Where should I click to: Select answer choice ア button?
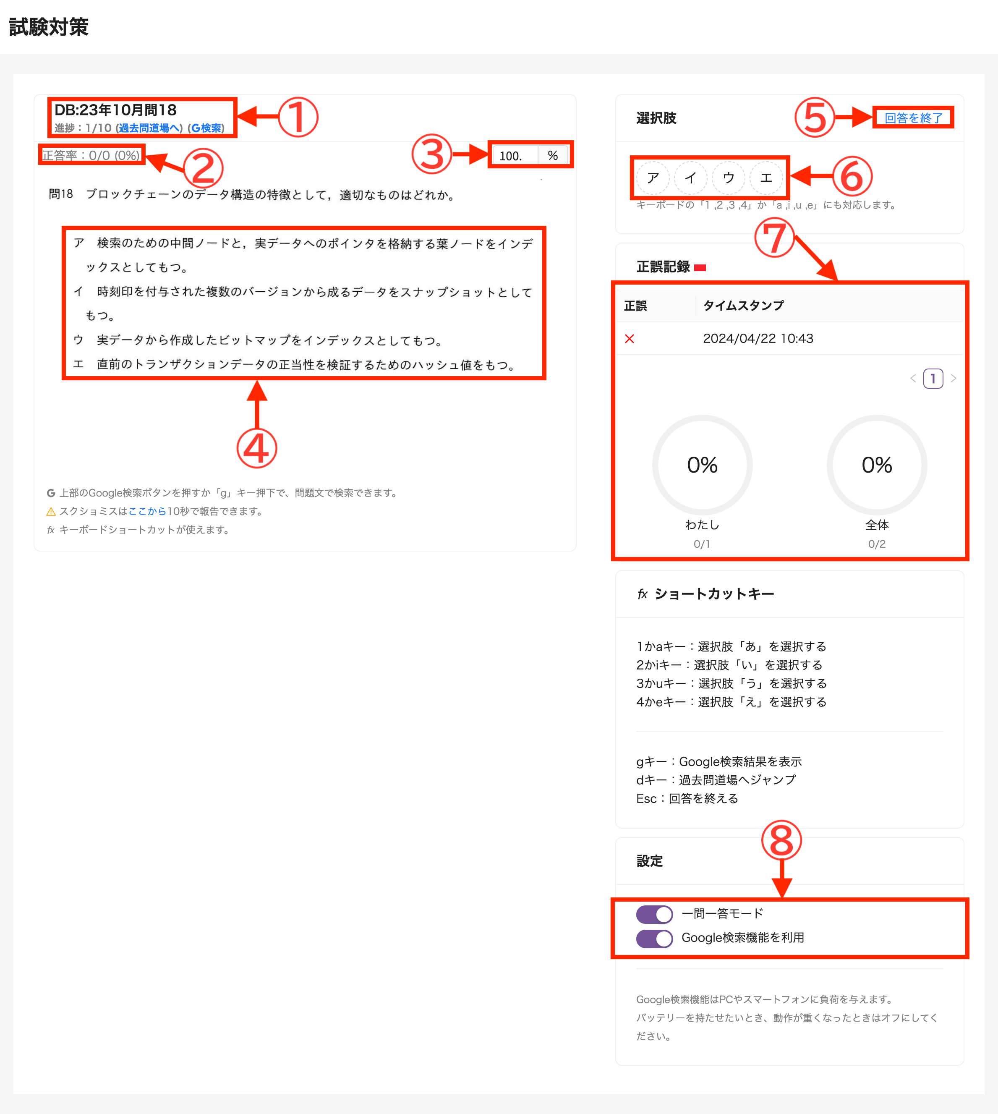click(653, 178)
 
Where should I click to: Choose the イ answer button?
click(690, 178)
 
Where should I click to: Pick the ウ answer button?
click(728, 178)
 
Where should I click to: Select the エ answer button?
click(766, 178)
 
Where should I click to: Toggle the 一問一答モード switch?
click(654, 914)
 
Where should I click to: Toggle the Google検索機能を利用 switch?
click(654, 938)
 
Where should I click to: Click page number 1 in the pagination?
click(933, 379)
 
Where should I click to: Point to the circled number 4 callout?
click(256, 448)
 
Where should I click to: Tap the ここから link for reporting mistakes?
click(147, 511)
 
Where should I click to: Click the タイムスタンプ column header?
click(743, 306)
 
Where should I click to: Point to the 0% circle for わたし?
click(702, 465)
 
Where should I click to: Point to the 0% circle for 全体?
click(876, 465)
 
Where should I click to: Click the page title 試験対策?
click(49, 27)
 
